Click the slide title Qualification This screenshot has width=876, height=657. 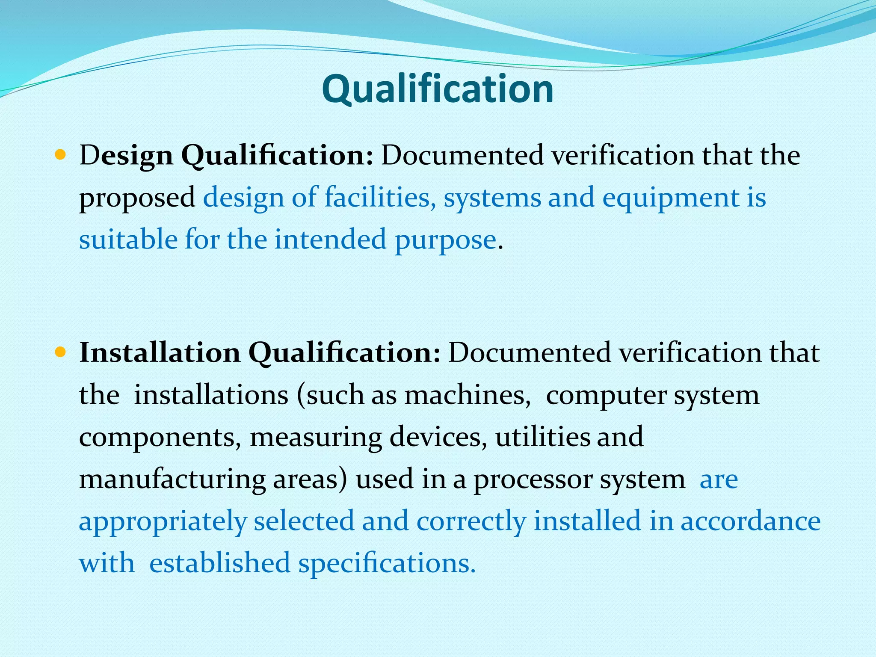pos(438,89)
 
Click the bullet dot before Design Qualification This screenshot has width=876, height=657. pos(60,155)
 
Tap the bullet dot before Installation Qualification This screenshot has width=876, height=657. pos(60,352)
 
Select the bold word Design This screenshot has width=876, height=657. pos(126,156)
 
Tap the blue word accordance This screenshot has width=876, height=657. pos(750,521)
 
